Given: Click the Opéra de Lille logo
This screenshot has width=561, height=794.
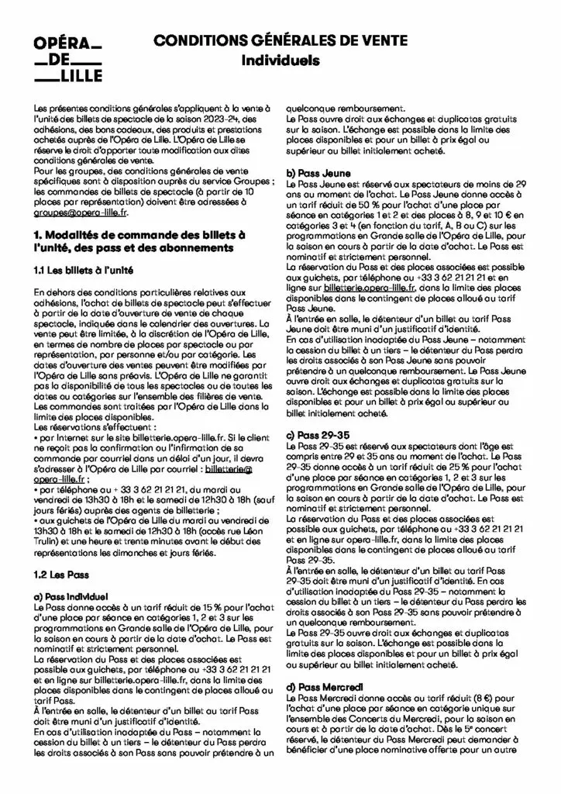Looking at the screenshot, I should pos(68,60).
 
